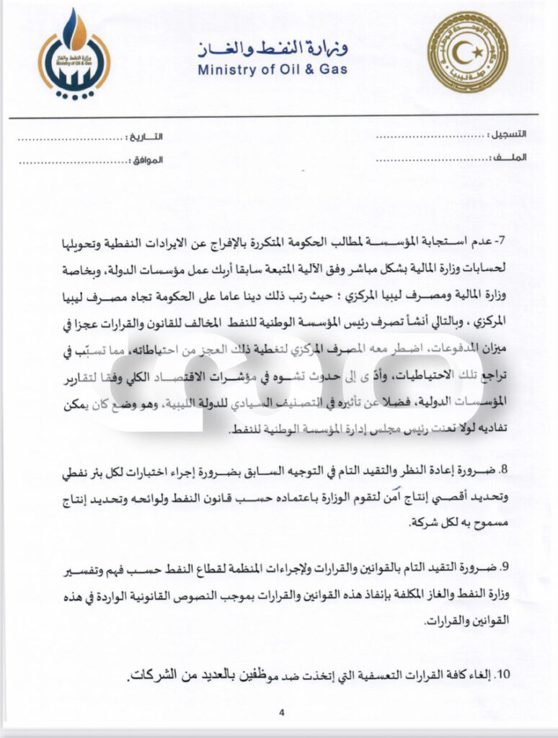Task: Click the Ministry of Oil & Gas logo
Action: (74, 54)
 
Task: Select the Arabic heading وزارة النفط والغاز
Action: (273, 50)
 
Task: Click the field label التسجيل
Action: (507, 135)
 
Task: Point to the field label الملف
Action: (511, 157)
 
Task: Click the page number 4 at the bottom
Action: (282, 712)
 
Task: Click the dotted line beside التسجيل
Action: (426, 136)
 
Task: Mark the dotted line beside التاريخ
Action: (71, 136)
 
